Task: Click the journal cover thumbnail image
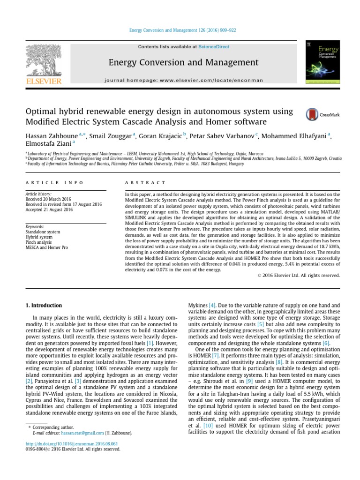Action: coord(323,64)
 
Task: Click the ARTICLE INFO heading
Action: coord(54,183)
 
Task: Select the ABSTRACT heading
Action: coord(145,183)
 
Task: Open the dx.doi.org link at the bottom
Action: coord(71,443)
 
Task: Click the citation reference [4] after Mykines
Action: coord(212,305)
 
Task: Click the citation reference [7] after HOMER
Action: coord(215,356)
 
